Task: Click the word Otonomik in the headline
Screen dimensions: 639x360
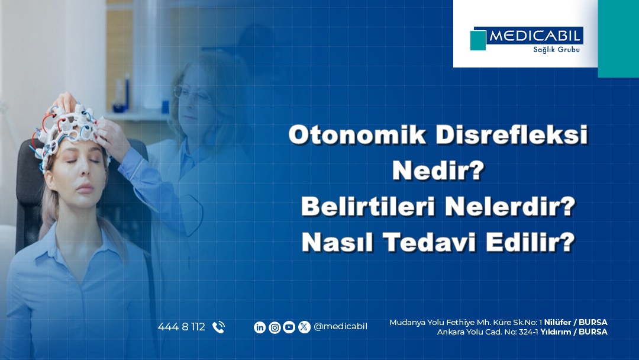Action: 357,135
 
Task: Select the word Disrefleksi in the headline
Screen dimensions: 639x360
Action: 512,135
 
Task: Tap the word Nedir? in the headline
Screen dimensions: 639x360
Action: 438,171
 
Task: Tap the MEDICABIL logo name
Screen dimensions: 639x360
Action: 535,36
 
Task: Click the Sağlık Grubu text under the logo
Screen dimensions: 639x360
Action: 556,50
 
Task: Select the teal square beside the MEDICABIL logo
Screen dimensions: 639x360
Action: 478,40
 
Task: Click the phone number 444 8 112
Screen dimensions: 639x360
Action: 182,327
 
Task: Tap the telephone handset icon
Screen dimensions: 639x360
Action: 218,327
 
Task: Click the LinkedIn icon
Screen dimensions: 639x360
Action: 260,327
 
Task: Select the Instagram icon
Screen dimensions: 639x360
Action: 275,327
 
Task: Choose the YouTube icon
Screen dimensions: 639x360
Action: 289,327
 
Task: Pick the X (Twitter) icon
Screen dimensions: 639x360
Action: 304,327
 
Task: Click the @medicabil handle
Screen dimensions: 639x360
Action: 340,327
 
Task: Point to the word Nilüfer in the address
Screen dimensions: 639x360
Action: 557,322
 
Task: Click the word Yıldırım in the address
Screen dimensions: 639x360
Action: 556,332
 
